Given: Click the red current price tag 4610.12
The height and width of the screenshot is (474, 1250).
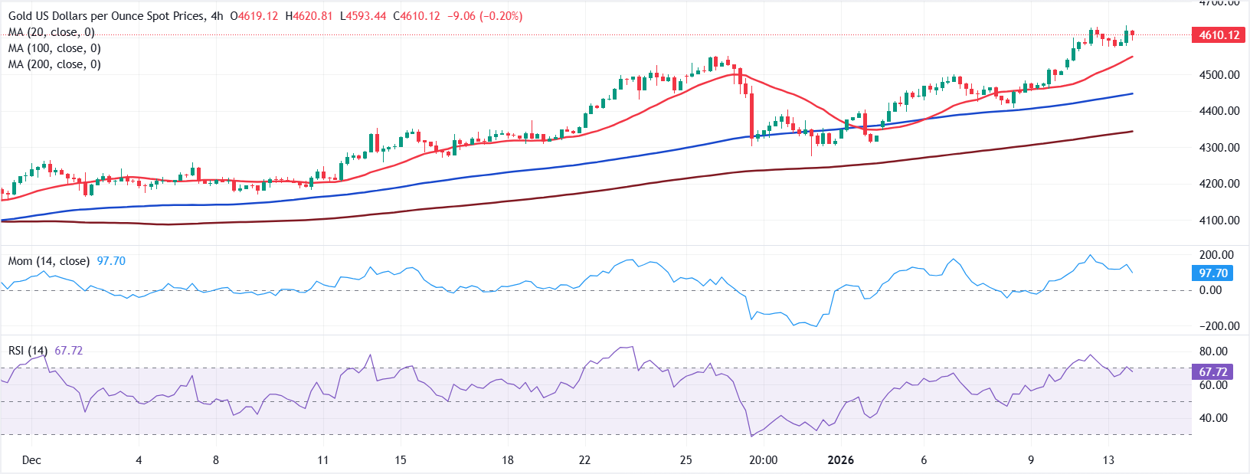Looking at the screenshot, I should pos(1219,35).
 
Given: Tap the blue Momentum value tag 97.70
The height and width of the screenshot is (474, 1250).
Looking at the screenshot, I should pos(1213,273).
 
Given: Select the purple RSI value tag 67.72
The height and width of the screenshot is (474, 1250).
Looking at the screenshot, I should pos(1213,372).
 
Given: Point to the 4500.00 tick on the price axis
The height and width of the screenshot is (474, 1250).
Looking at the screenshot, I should pos(1219,75).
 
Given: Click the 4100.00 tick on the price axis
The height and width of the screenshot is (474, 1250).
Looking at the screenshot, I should pos(1219,221).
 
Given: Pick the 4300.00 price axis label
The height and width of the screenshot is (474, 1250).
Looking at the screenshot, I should pos(1219,148).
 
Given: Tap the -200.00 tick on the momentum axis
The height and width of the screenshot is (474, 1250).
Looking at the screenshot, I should pos(1219,326).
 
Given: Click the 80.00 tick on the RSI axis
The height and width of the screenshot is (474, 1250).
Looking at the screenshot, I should pos(1213,351).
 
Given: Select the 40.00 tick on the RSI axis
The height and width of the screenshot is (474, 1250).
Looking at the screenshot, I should pos(1213,418).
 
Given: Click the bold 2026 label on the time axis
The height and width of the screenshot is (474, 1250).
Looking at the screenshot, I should pos(841,460).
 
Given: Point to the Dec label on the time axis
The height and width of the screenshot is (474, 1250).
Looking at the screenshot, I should pos(31,460).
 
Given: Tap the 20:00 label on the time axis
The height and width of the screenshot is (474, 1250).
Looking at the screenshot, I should pos(763,460).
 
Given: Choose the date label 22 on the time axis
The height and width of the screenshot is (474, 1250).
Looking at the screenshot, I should pos(584,460).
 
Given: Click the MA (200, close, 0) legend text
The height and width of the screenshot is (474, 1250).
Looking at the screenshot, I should pos(54,64).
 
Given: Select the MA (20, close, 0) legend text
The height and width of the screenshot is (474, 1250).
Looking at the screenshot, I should pos(51,32).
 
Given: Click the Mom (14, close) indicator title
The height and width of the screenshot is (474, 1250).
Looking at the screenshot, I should pos(48,261).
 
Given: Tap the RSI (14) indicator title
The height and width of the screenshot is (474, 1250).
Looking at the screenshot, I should pos(28,351).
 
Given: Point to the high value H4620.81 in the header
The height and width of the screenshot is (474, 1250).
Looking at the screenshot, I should pos(309,16).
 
